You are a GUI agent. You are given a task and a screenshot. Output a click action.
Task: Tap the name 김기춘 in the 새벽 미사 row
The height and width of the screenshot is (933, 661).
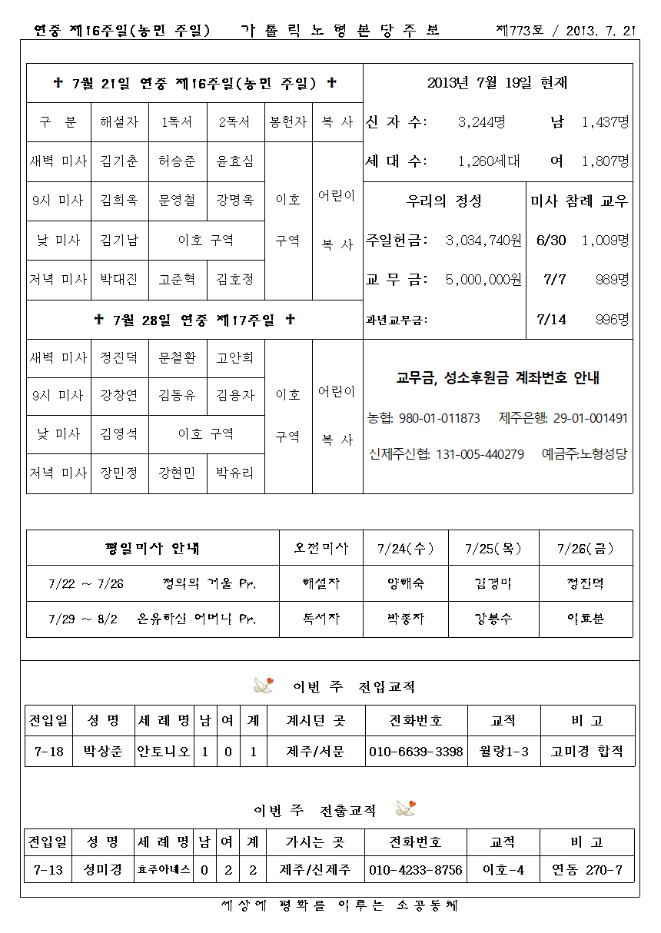coord(119,161)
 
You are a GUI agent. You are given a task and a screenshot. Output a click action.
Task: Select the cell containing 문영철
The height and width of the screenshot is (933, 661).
coord(178,201)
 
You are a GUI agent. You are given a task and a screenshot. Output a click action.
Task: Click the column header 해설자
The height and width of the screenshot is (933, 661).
coord(119,122)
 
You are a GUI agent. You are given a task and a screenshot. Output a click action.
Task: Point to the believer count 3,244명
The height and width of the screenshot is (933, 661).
coord(481,122)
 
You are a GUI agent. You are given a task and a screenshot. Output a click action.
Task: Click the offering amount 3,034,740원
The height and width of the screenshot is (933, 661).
coord(483,241)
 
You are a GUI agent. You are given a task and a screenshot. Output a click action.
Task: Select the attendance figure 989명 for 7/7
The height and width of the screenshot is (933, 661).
coord(613,280)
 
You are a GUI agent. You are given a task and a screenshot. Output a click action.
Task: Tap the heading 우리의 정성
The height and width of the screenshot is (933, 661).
coord(443,201)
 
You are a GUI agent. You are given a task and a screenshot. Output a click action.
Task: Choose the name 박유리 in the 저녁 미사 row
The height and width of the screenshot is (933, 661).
coord(235,473)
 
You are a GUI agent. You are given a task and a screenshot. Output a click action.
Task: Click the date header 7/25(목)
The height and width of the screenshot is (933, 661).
coord(492,549)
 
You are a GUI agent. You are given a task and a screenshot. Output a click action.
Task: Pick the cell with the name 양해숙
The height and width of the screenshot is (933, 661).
coord(405,583)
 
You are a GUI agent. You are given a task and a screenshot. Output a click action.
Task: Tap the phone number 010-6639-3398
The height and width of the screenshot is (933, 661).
coord(416,752)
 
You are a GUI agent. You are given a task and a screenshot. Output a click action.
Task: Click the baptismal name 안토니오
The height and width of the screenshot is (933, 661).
coord(164,752)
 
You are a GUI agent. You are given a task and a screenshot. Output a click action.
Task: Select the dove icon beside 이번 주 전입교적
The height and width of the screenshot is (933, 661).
coord(264,685)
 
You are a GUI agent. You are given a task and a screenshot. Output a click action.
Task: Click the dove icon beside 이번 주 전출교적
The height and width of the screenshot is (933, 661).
coord(405,808)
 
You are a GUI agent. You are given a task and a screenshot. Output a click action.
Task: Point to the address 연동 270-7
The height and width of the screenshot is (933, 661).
coord(586,871)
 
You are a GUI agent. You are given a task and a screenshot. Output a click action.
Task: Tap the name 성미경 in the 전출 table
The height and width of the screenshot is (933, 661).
coord(103,871)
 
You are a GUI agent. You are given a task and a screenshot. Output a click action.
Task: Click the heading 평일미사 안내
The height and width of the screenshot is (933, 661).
coord(152,549)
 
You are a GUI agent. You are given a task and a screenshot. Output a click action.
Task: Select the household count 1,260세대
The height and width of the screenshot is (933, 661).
coord(488,161)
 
